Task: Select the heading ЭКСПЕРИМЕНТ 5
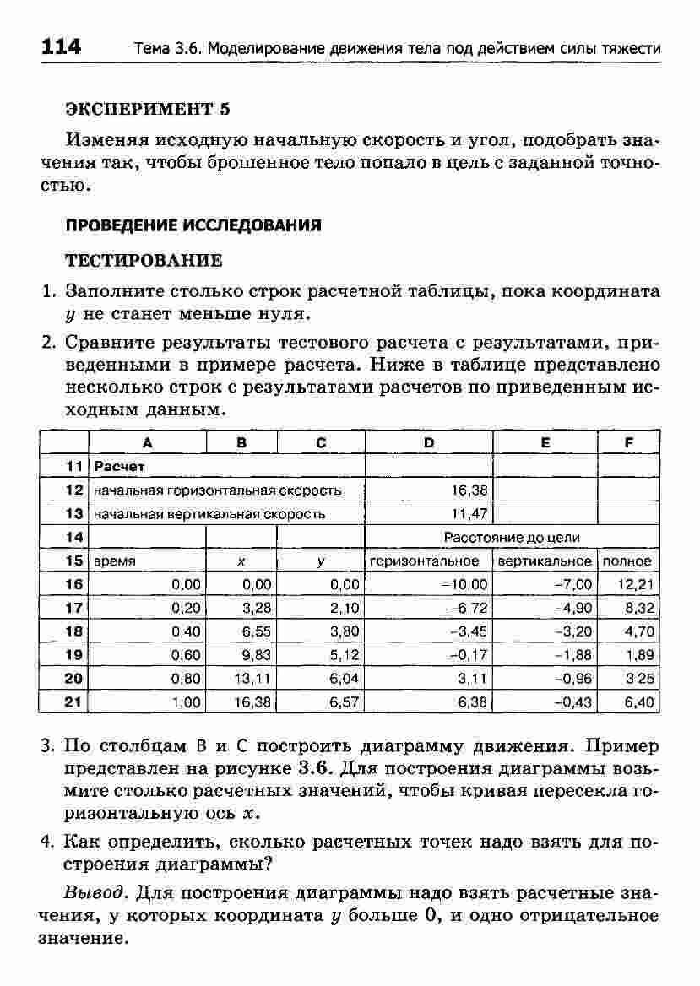pyautogui.click(x=148, y=110)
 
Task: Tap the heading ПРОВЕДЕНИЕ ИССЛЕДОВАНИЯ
pyautogui.click(x=193, y=225)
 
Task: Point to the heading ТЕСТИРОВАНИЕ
pyautogui.click(x=144, y=259)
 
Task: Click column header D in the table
pyautogui.click(x=428, y=442)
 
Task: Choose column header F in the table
pyautogui.click(x=628, y=442)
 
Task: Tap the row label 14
pyautogui.click(x=73, y=537)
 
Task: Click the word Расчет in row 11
pyautogui.click(x=120, y=466)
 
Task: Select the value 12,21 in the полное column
pyautogui.click(x=638, y=583)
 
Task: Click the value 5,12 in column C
pyautogui.click(x=344, y=654)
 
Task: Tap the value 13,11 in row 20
pyautogui.click(x=252, y=678)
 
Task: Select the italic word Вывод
pyautogui.click(x=95, y=892)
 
